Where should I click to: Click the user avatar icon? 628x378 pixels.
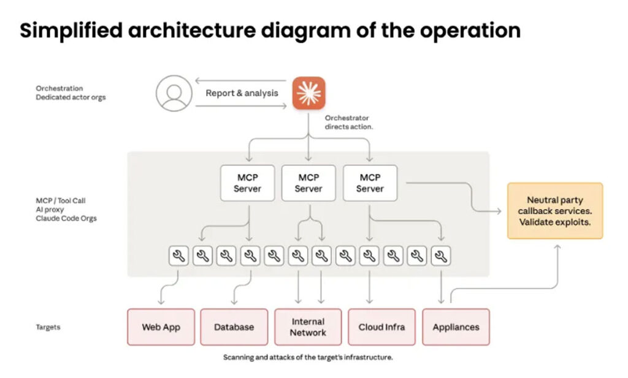(x=174, y=93)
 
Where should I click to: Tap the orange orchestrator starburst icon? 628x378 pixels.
(x=308, y=93)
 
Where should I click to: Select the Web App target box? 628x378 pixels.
(x=161, y=327)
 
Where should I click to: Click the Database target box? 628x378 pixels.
(x=234, y=327)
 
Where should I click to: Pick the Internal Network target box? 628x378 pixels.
(x=308, y=327)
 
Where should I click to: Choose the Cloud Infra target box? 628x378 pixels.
(x=381, y=327)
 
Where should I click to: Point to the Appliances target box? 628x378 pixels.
(x=456, y=327)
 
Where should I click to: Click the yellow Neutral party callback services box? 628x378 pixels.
(x=554, y=211)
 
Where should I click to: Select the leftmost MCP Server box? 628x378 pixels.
(x=247, y=183)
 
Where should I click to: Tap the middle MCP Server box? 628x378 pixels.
(x=308, y=183)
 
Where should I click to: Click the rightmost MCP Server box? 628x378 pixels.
(x=370, y=183)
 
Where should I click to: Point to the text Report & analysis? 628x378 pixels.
(x=242, y=93)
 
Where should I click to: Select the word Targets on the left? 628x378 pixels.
(x=48, y=327)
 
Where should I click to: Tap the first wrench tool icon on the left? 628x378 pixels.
(x=178, y=257)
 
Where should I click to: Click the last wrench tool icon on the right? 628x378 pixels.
(x=441, y=257)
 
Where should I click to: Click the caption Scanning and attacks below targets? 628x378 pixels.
(x=307, y=357)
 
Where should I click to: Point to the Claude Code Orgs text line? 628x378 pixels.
(x=66, y=218)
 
